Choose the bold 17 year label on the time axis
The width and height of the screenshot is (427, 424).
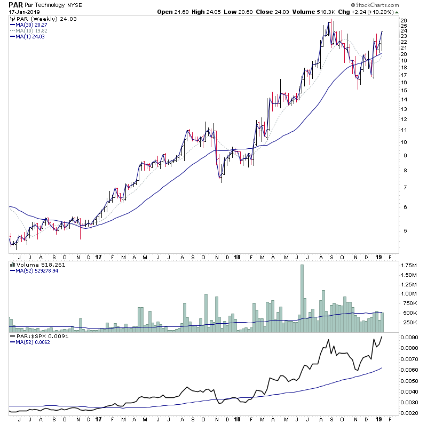point(98,257)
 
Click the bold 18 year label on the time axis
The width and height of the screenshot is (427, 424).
point(238,257)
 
